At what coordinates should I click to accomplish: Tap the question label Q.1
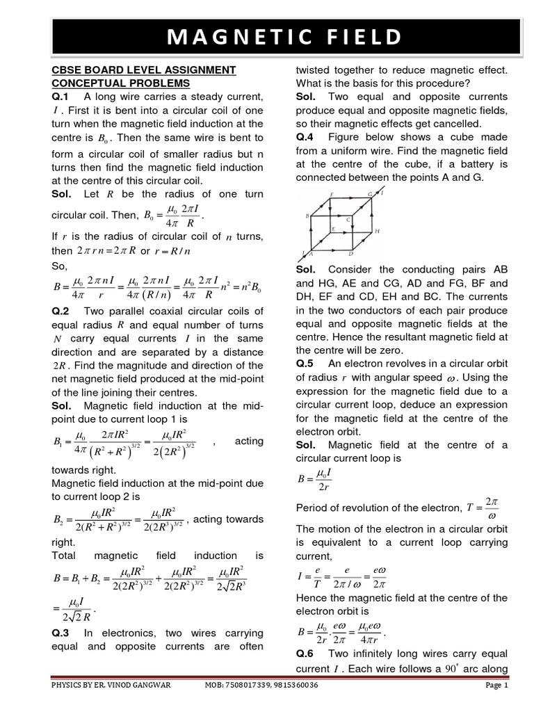62,97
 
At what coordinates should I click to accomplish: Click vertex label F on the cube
332,195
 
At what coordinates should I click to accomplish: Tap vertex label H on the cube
376,231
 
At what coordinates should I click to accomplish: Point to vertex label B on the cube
307,216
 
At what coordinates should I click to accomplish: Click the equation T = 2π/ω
481,508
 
